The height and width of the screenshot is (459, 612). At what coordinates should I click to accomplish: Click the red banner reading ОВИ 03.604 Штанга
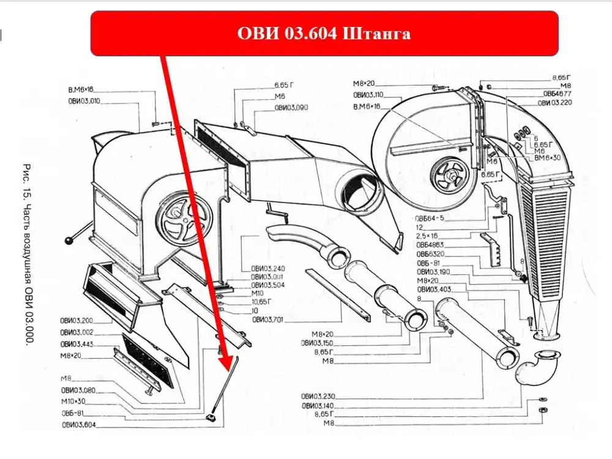click(324, 33)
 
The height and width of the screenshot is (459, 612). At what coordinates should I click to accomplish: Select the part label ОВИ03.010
click(84, 101)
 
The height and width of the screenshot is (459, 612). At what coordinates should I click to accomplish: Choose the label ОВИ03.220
click(555, 103)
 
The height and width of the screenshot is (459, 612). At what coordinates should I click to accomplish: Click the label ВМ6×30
click(547, 158)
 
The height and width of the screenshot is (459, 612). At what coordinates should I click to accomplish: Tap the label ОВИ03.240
click(268, 269)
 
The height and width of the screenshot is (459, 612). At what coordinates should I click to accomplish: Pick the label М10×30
click(74, 401)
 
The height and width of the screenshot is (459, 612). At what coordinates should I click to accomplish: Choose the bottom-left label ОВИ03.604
click(78, 425)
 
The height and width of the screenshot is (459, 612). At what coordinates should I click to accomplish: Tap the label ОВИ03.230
click(318, 396)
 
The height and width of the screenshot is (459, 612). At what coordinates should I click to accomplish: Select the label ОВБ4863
click(430, 244)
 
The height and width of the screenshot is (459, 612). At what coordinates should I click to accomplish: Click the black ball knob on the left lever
click(72, 241)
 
